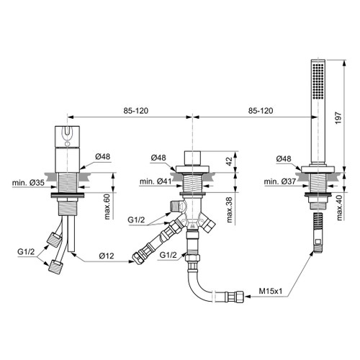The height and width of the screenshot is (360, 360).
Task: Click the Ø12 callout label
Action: (x=107, y=256)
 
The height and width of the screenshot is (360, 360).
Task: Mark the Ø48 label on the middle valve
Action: (x=158, y=158)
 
